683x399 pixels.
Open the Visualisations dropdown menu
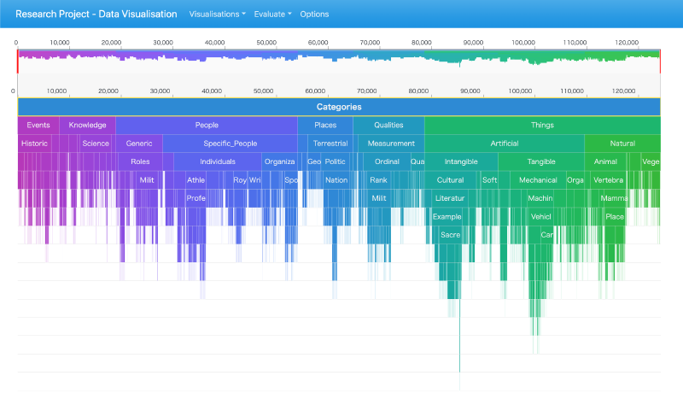(217, 15)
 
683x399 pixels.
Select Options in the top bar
(314, 15)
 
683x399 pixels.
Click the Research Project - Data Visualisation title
(96, 15)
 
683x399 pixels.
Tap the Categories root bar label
(339, 107)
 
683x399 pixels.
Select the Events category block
(38, 126)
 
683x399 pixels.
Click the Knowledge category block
(87, 126)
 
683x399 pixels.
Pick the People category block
(207, 126)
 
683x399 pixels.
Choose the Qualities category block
(388, 126)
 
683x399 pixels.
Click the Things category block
(542, 126)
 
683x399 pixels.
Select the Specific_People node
(230, 144)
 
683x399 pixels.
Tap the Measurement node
(391, 144)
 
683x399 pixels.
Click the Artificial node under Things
(504, 144)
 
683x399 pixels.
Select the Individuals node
(218, 161)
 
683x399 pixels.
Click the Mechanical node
(538, 180)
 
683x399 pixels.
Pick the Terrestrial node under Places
(330, 144)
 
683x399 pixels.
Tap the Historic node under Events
(35, 144)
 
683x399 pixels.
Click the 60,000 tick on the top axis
(318, 42)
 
